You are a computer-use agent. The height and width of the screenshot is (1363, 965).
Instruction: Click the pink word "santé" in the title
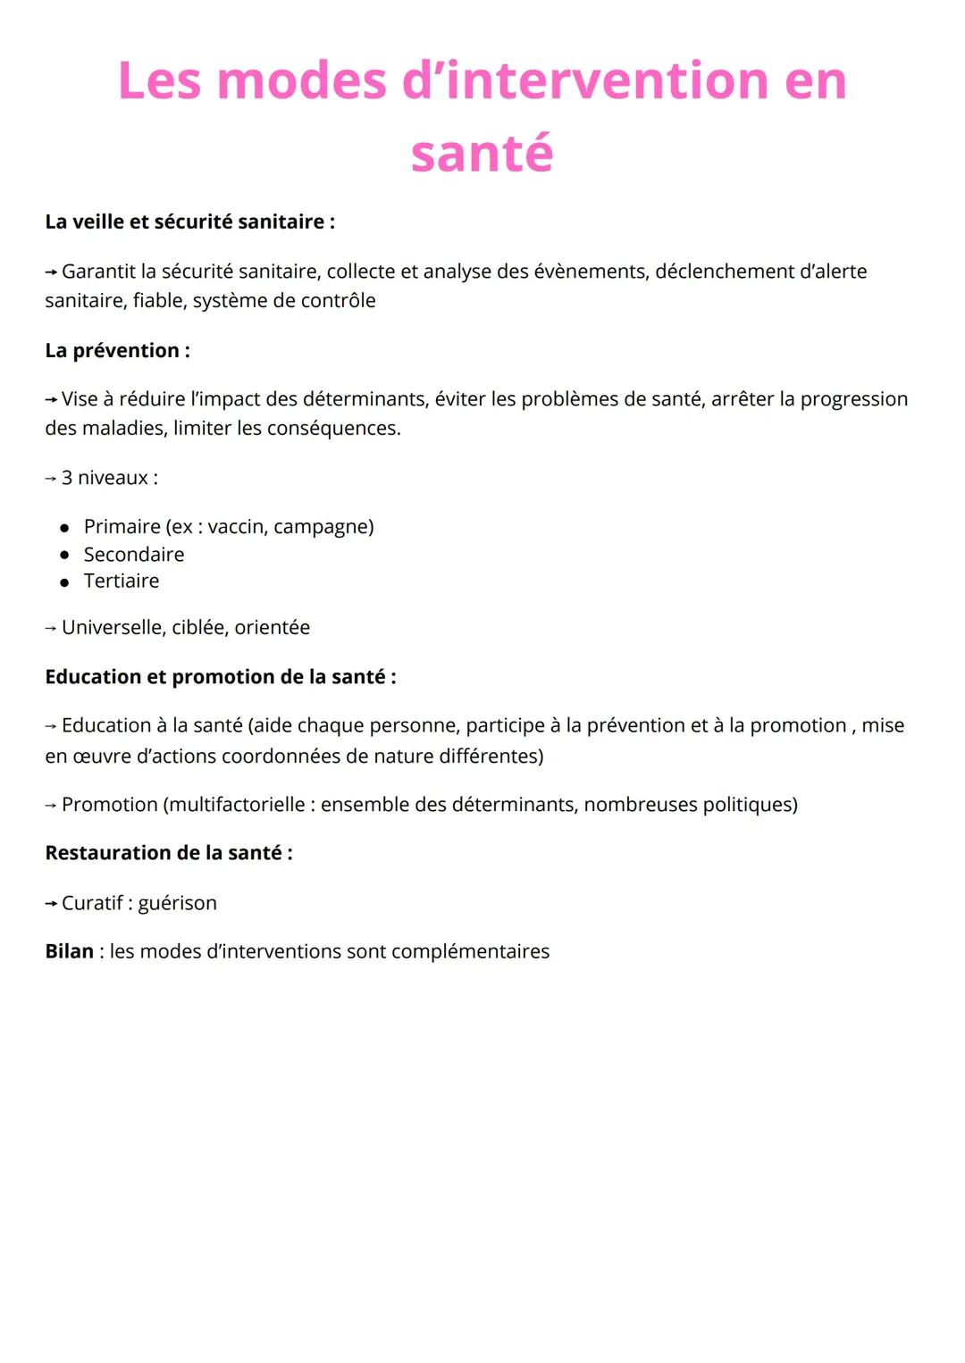click(482, 154)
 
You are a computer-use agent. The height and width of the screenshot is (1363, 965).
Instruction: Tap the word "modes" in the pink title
click(301, 81)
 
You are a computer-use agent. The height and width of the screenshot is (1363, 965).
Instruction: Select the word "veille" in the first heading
click(98, 222)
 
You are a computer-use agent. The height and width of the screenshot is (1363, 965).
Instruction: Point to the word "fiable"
click(156, 301)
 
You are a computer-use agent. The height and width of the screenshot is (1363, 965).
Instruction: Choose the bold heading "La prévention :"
click(117, 350)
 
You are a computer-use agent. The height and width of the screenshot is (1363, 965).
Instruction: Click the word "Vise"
click(80, 399)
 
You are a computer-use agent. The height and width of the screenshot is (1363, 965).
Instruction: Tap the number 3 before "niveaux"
click(67, 478)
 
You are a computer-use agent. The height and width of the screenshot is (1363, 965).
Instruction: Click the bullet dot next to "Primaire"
click(64, 528)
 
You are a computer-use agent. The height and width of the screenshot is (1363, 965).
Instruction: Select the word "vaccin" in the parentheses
click(235, 527)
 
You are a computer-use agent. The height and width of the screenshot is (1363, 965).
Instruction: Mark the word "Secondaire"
click(134, 555)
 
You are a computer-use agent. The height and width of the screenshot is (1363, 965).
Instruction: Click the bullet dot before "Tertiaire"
click(64, 582)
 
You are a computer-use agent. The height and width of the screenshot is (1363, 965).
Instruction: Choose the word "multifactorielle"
click(237, 805)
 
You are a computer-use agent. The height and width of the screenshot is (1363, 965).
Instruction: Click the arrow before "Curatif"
click(51, 904)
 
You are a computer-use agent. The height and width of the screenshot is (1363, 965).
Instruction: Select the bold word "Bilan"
click(69, 951)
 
